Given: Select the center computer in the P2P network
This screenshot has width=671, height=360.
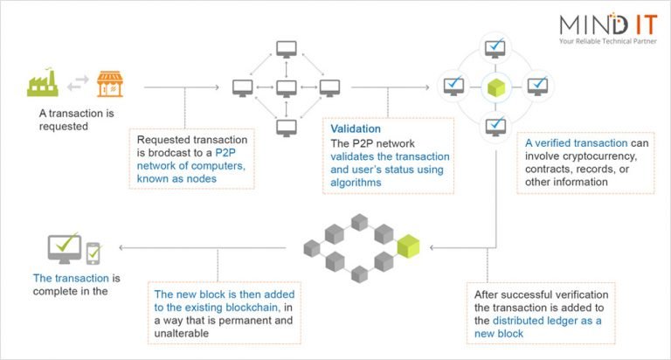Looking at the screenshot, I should tap(286, 88).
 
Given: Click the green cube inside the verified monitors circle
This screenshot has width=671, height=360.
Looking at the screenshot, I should tap(495, 88).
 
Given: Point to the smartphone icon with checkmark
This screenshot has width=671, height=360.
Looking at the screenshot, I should tap(93, 254).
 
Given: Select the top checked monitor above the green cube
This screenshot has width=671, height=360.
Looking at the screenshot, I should tap(495, 47).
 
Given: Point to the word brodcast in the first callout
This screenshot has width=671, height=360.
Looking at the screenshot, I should tap(172, 152).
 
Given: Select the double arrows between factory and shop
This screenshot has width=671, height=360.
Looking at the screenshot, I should tap(77, 82).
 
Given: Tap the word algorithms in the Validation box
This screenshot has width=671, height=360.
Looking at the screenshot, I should tap(357, 183).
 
